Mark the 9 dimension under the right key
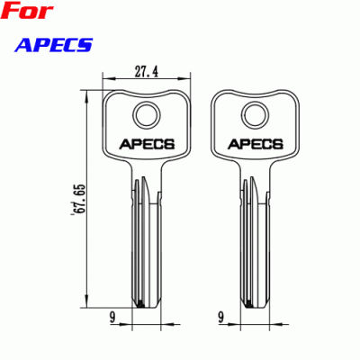[220, 316]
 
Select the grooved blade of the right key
[252, 243]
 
